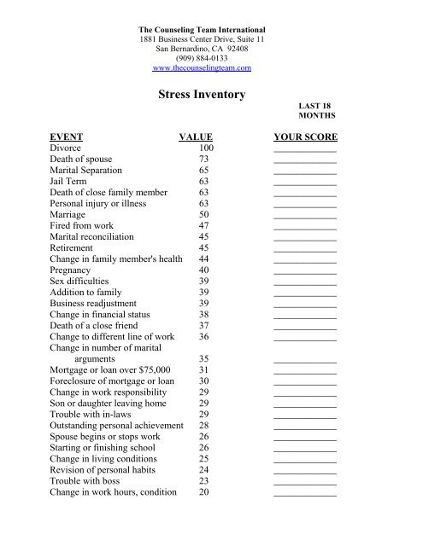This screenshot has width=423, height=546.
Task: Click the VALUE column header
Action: pos(195,136)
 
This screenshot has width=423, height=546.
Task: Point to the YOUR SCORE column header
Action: pos(305,136)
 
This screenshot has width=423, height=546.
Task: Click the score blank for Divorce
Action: pos(305,150)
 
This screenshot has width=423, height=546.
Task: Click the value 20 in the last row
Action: pos(203,491)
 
